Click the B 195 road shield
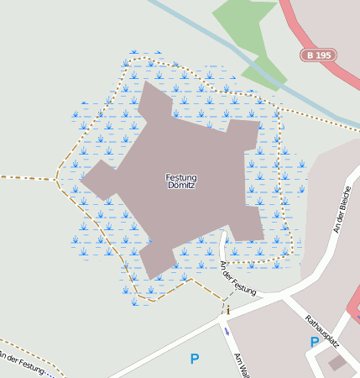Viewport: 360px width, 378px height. coord(318,55)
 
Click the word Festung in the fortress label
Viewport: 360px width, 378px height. coord(181,177)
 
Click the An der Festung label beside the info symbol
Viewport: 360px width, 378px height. coord(237,277)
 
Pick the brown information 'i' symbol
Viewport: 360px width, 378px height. coord(227,311)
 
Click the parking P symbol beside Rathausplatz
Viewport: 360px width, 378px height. coord(315,342)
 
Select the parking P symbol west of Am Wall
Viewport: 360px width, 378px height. coord(195,359)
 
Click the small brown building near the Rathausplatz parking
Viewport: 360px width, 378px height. coord(337,363)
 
